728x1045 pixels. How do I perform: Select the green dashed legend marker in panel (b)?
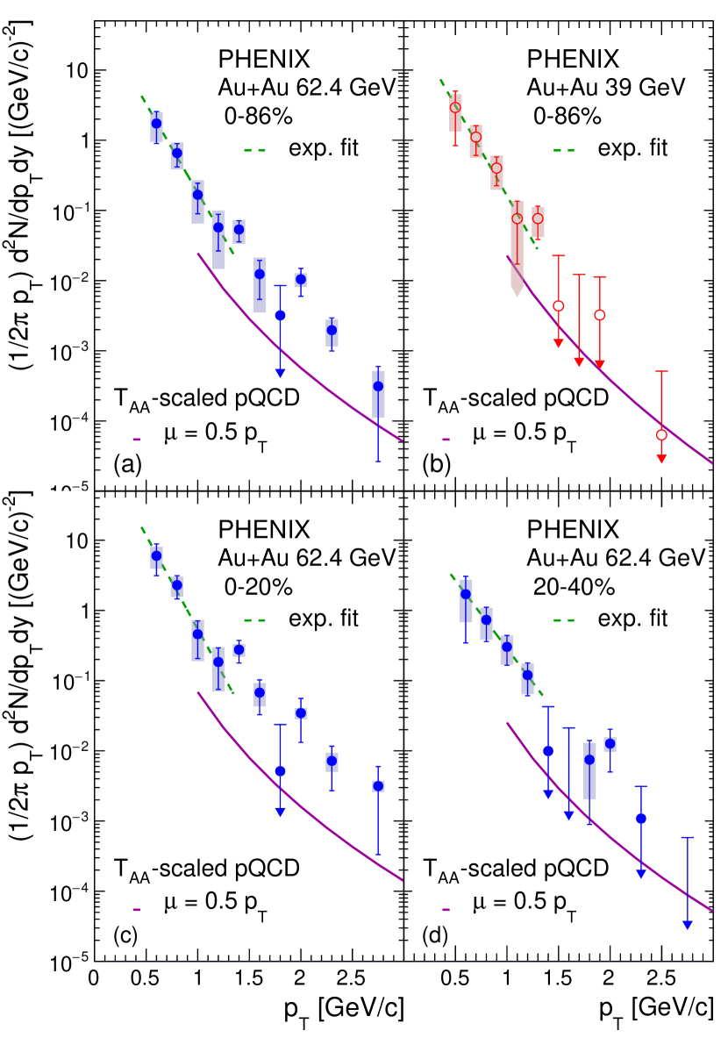[x=565, y=148]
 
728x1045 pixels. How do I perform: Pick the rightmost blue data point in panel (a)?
[x=378, y=386]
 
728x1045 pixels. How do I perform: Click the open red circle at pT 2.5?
[x=661, y=435]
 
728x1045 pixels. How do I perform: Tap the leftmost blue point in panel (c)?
[x=156, y=555]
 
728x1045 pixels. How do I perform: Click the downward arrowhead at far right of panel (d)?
[x=688, y=924]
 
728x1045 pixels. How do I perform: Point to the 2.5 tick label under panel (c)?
[x=352, y=980]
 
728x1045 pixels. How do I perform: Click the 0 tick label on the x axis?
[x=94, y=980]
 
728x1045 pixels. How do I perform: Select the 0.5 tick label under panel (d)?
[x=455, y=980]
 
